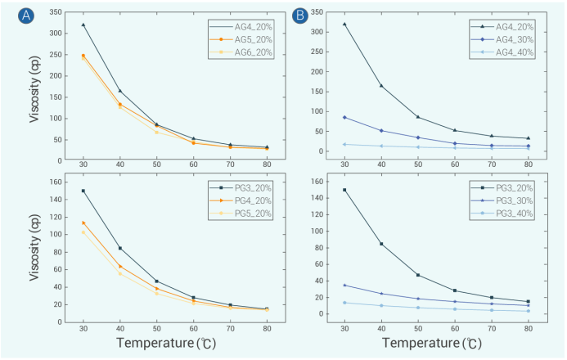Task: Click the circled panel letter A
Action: point(28,16)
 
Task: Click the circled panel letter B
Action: point(299,16)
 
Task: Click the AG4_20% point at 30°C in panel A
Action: point(83,25)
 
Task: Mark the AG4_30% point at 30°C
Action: point(344,117)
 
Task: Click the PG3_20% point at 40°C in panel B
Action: point(380,244)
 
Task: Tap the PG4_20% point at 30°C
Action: point(83,223)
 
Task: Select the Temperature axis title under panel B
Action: point(436,344)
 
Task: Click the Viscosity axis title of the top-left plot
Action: point(35,90)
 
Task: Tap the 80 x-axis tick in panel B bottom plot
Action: point(527,326)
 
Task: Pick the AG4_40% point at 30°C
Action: point(344,144)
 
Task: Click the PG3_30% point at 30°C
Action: point(344,285)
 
